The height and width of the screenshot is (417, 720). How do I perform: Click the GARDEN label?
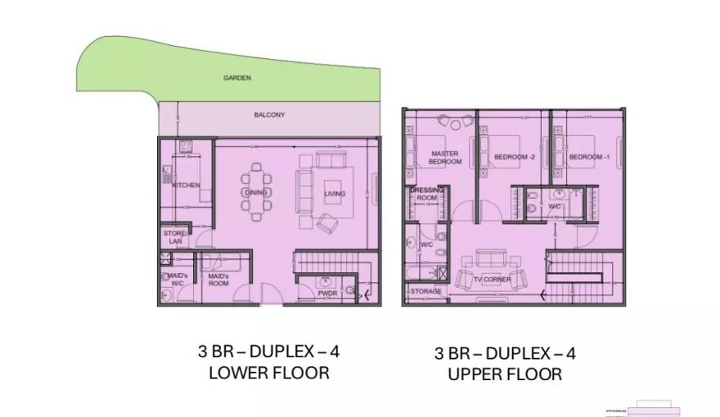pos(237,78)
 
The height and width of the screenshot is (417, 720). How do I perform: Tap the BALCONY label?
pos(269,115)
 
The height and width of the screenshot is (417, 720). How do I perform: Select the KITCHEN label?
pos(186,186)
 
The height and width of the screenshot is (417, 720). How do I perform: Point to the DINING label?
pos(252,193)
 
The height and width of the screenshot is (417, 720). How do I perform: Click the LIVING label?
pos(335,194)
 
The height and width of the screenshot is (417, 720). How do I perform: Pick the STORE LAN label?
pos(174,237)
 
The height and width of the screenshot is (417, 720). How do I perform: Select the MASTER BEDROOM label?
pos(445,157)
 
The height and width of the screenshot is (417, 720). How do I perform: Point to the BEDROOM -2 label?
pos(514,157)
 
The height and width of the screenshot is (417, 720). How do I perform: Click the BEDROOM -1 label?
pos(590,157)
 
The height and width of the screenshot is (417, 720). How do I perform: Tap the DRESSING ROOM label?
pos(427,194)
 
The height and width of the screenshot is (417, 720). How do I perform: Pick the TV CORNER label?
pos(492,280)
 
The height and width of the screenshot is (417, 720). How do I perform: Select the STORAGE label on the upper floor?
pos(425,292)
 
